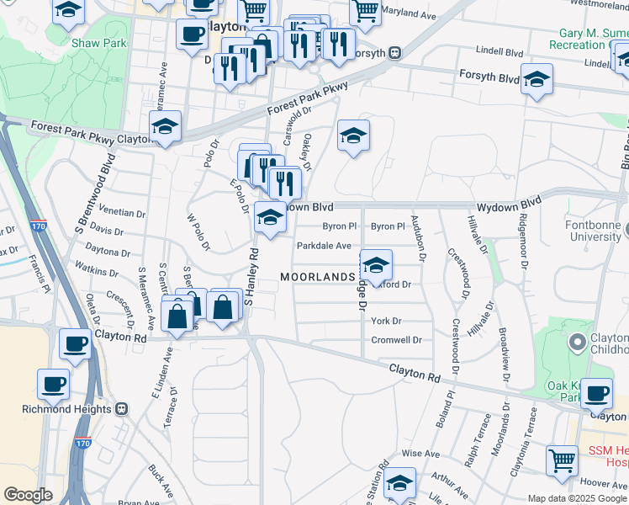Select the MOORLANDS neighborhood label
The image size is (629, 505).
click(318, 277)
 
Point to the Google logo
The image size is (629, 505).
click(29, 495)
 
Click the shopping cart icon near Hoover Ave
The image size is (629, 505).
click(562, 461)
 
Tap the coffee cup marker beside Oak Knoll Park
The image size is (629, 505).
click(597, 394)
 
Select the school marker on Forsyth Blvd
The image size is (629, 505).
click(536, 81)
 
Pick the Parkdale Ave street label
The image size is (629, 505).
click(323, 246)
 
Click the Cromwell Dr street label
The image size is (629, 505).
click(396, 340)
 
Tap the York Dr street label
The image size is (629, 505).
click(387, 321)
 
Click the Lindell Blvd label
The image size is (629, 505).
click(499, 51)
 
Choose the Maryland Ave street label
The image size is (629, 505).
click(409, 15)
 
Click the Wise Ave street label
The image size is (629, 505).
click(421, 454)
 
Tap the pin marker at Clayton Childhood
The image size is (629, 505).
click(577, 343)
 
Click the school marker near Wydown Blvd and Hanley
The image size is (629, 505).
click(269, 217)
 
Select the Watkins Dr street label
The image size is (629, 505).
click(97, 271)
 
